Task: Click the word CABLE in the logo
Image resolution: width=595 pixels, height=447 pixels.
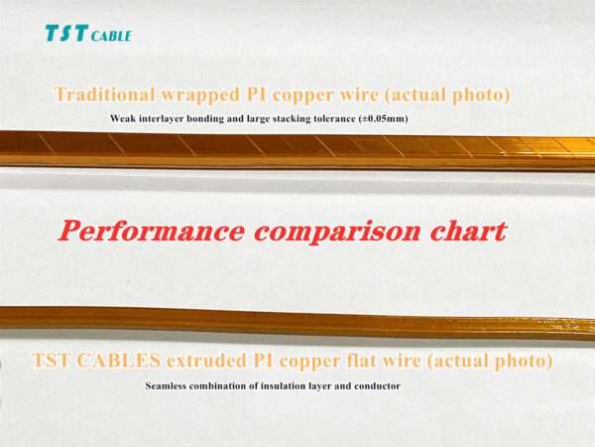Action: (111, 36)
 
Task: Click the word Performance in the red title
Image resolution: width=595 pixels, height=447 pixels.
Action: (149, 230)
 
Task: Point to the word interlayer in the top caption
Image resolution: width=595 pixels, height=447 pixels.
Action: (163, 119)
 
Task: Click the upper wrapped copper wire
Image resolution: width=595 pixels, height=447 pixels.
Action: (297, 149)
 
